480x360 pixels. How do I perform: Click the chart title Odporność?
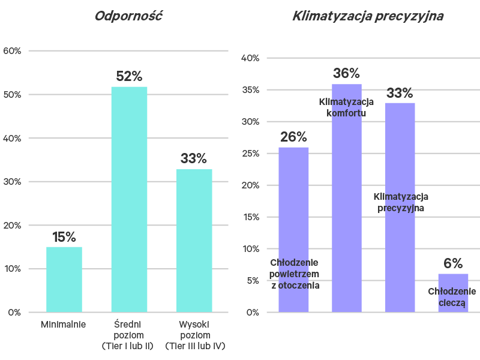pos(129,16)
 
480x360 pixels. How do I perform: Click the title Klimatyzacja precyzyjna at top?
pos(368,16)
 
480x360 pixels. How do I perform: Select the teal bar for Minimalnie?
pos(64,279)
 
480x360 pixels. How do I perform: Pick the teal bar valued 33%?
pos(194,240)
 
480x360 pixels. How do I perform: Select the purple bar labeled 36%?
pos(347,198)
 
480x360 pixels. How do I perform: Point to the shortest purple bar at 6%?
pos(453,293)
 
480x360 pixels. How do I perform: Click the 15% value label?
pos(64,237)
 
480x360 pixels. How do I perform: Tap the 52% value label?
pos(129,77)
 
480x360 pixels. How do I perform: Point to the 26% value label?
pos(293,137)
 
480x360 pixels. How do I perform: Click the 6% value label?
pos(453,264)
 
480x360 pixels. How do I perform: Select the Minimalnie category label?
pos(64,325)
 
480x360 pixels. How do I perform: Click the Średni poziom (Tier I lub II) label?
pos(129,335)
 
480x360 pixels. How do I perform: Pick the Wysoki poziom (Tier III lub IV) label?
pos(194,335)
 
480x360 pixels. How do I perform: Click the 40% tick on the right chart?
pos(250,58)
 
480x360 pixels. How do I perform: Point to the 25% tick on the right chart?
pos(250,154)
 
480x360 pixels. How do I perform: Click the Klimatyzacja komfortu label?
pos(346,107)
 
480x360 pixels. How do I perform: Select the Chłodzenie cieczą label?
pos(452,298)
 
